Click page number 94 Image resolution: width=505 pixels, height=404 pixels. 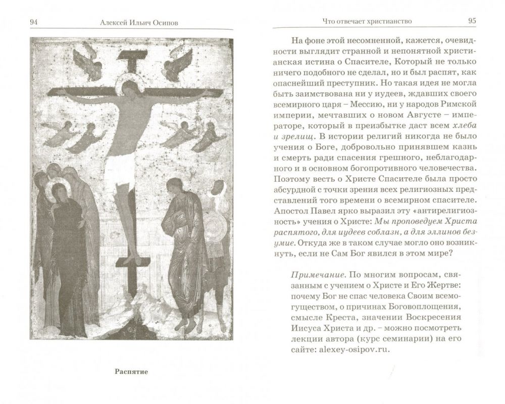coord(35,21)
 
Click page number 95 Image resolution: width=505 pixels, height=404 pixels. coord(472,21)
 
